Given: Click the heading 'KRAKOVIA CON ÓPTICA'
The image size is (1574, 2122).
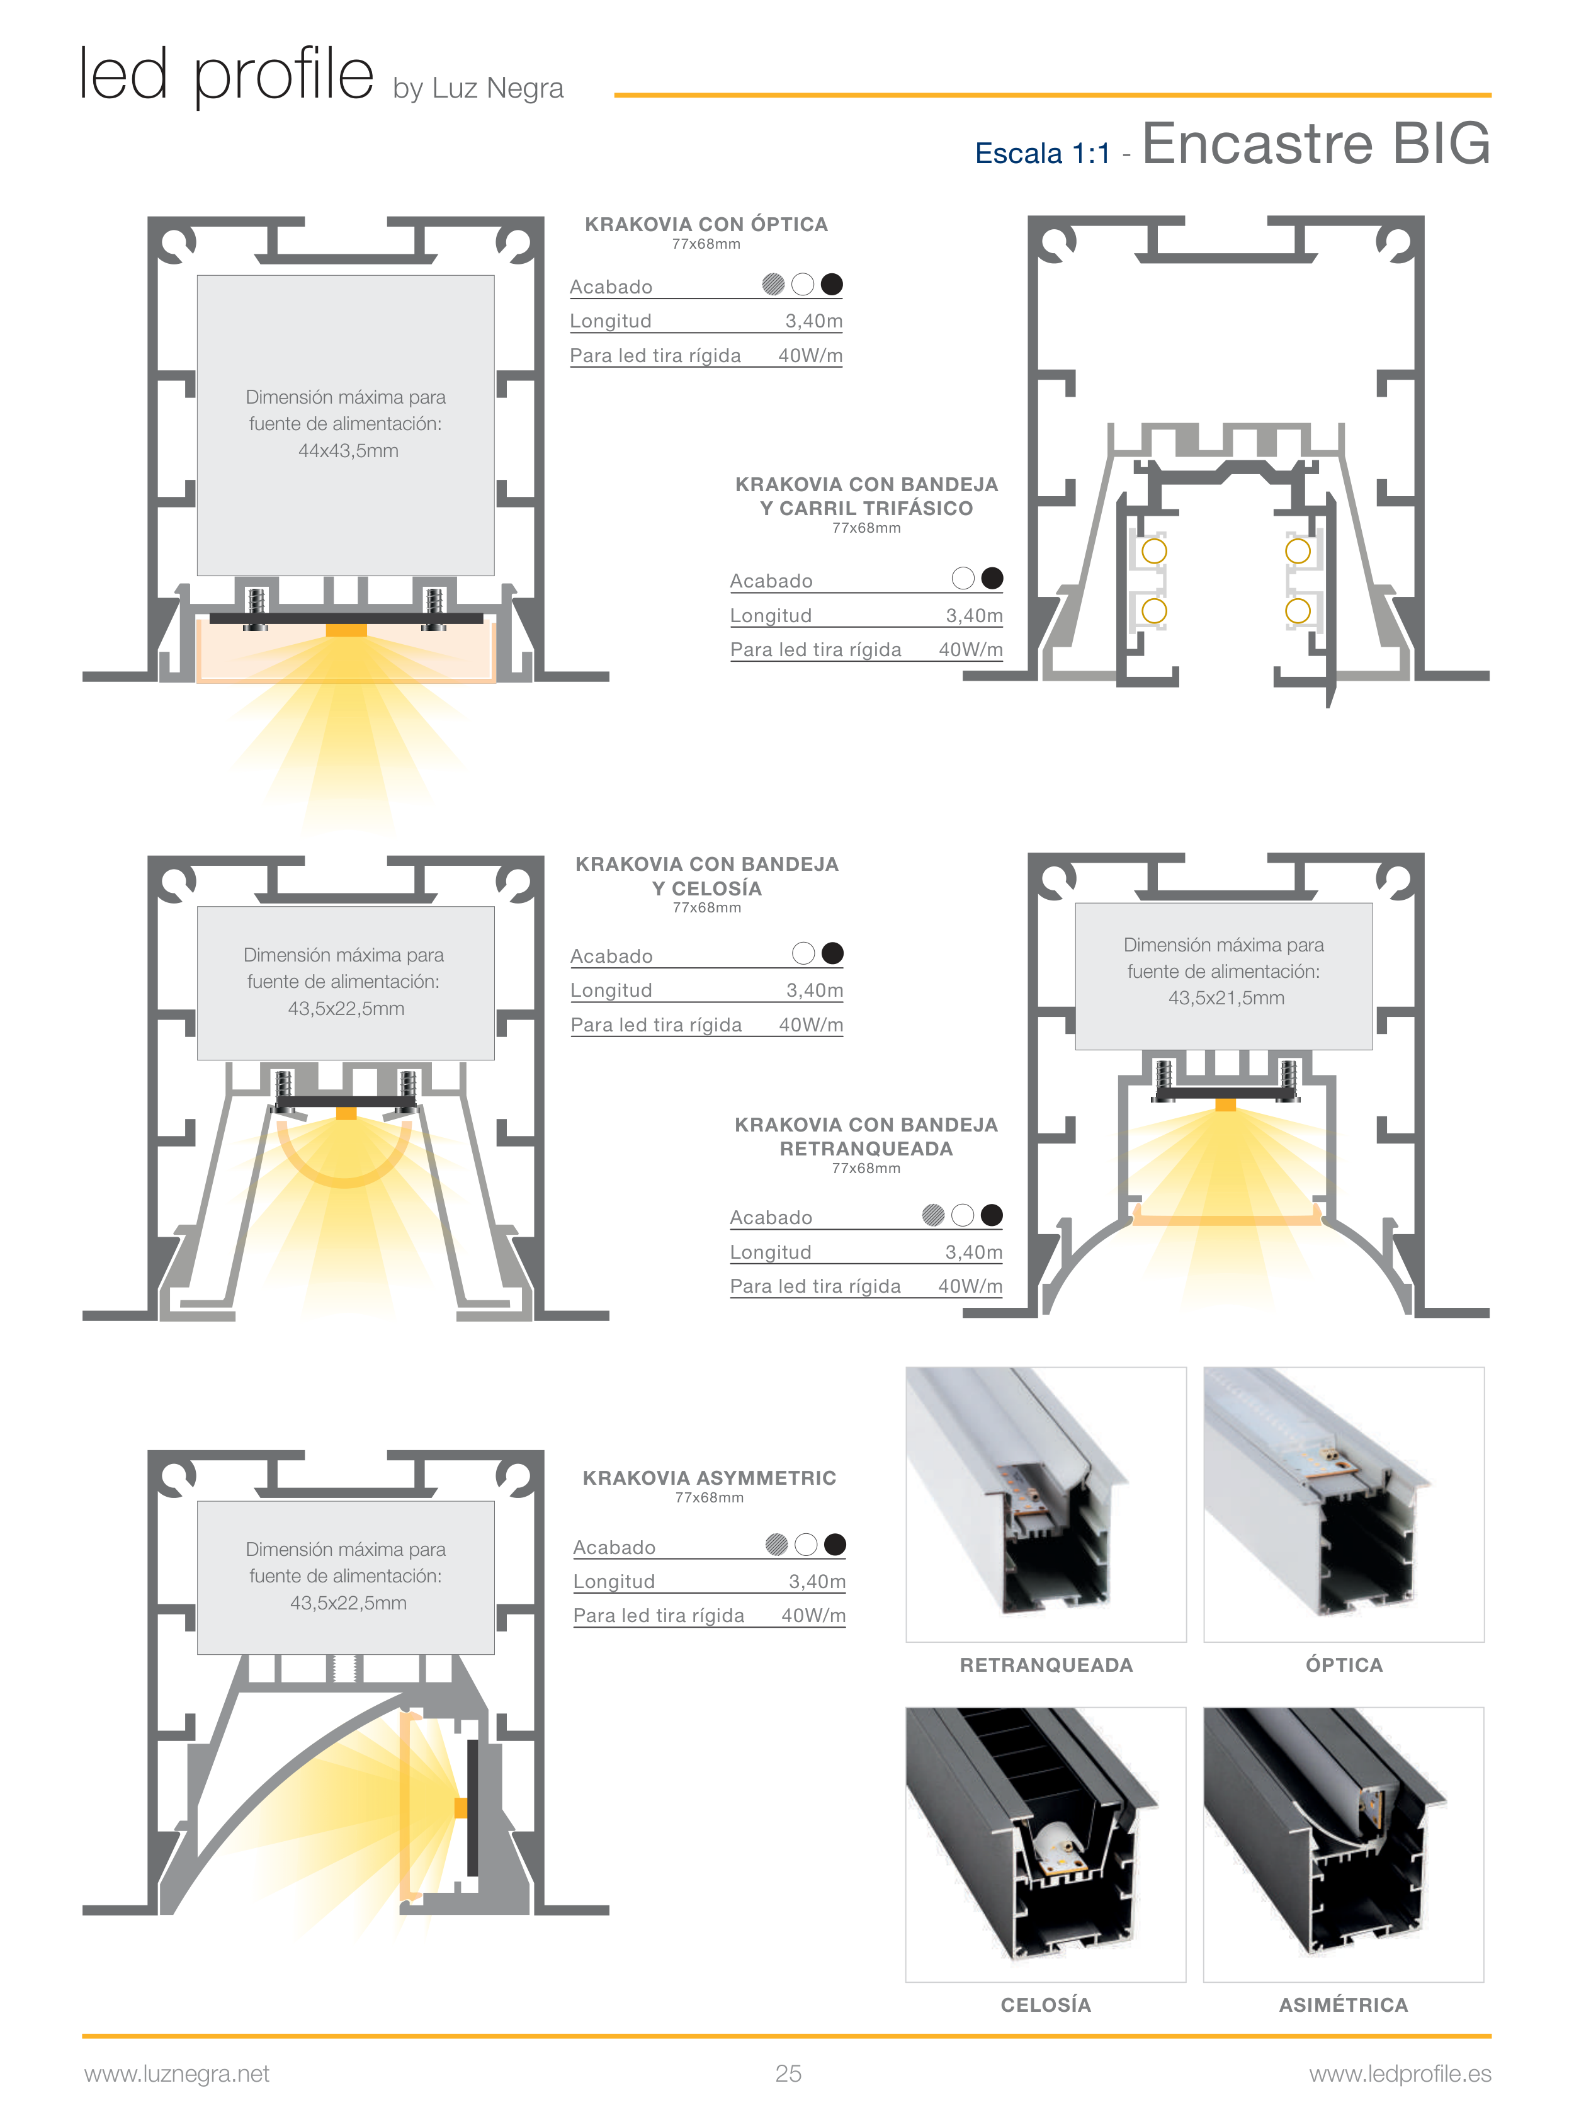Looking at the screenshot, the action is pos(706,224).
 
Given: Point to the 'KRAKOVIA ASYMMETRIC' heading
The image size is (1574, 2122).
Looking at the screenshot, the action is pos(709,1478).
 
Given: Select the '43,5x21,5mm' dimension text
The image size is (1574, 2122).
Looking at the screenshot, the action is pos(1226,997).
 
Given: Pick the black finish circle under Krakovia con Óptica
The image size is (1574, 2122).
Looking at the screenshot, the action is pos(832,284).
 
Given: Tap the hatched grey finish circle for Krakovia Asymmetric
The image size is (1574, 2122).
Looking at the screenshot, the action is pos(776,1545).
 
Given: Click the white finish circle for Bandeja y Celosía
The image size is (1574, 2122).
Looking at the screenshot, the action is pos(803,953).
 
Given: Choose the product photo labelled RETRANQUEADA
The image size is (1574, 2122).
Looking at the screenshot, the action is pos(1045,1504).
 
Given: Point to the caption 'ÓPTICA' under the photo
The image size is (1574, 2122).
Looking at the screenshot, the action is pos(1344,1665).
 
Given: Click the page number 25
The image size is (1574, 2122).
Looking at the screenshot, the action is pos(788,2074).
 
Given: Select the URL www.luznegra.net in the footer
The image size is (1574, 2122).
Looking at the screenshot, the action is pos(177,2074).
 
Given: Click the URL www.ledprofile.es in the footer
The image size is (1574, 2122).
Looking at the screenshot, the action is pos(1400,2074).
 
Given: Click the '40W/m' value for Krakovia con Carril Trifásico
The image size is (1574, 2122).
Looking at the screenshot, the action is pos(971,650).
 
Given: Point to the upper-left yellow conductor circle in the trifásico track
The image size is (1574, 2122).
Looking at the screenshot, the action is pos(1154,551).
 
